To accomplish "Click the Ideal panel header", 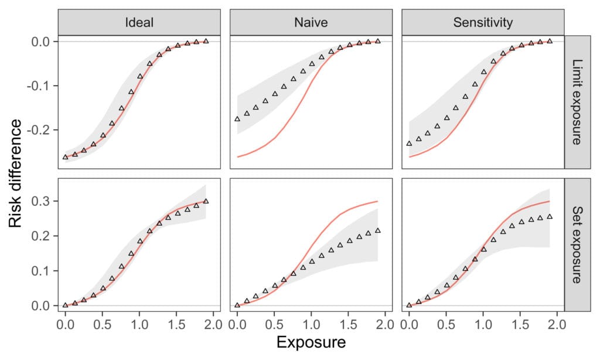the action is (x=139, y=22).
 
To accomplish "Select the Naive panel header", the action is (x=311, y=22).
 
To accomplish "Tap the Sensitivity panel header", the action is (x=483, y=22).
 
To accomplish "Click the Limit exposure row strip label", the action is (x=577, y=102).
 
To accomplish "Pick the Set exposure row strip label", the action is (x=577, y=244).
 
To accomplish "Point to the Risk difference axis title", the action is (x=15, y=173).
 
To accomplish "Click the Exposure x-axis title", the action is (x=311, y=342).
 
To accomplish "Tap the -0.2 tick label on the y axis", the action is (x=38, y=130).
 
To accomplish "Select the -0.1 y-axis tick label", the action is (x=38, y=86).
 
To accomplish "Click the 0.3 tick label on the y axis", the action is (x=41, y=201).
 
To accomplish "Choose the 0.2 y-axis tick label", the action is (x=41, y=236).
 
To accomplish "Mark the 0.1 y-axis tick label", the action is (x=41, y=271).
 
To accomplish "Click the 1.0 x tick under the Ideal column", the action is (x=139, y=324).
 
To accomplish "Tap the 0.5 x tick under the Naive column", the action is (x=274, y=324).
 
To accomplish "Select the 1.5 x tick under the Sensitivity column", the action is (x=520, y=324).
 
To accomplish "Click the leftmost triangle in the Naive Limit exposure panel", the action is (x=237, y=119).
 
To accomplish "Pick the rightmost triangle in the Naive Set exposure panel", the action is (x=378, y=230).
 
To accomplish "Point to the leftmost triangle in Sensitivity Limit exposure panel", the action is (x=409, y=144).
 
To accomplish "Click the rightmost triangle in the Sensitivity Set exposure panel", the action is (x=550, y=216).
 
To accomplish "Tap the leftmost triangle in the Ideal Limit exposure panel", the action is (x=66, y=157).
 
